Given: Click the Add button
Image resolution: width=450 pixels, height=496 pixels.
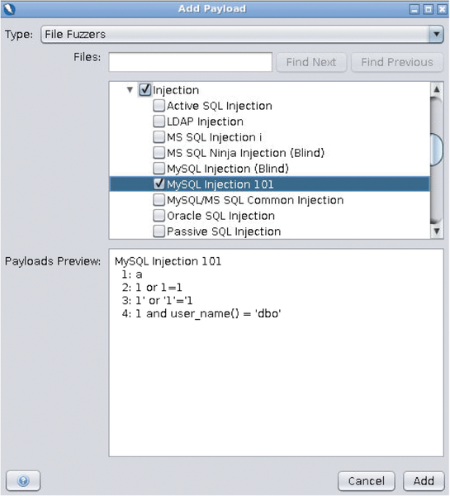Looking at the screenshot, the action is pos(424,481).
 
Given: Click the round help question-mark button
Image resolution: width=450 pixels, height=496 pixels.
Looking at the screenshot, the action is pos(23,481).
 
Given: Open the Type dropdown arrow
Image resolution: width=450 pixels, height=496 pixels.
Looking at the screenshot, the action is pos(436,34).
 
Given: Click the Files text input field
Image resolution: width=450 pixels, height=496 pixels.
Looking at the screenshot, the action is pos(190,62).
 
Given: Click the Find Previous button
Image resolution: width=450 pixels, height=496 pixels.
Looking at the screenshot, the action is pos(397,62).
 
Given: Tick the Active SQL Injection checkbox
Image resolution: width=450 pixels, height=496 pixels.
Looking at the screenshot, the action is pos(159,105).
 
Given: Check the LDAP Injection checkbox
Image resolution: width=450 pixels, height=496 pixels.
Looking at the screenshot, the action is pos(159,122).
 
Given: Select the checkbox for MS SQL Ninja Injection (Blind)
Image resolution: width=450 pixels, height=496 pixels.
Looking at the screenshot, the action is pos(159,152).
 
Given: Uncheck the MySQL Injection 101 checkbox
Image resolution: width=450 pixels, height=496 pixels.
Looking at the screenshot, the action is pos(159,184).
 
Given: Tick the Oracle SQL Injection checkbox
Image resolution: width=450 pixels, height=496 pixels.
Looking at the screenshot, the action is pos(159,216).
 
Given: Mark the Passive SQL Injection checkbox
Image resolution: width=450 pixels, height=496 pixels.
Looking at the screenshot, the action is pos(159,231).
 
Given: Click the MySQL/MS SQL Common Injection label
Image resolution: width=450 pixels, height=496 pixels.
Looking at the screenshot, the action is pos(255,200).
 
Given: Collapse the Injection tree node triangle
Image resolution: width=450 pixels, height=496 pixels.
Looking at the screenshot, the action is pos(130,90).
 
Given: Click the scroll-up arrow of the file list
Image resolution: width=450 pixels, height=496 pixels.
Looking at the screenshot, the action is pos(437,89).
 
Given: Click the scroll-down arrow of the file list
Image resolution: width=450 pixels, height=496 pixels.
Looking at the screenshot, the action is pos(437,231).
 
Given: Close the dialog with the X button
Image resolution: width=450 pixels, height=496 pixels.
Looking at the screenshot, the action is pos(442,9).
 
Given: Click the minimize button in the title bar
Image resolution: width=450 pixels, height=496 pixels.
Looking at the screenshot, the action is pos(414,9).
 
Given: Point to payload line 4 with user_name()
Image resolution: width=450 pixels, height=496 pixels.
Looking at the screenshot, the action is pos(201,313).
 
